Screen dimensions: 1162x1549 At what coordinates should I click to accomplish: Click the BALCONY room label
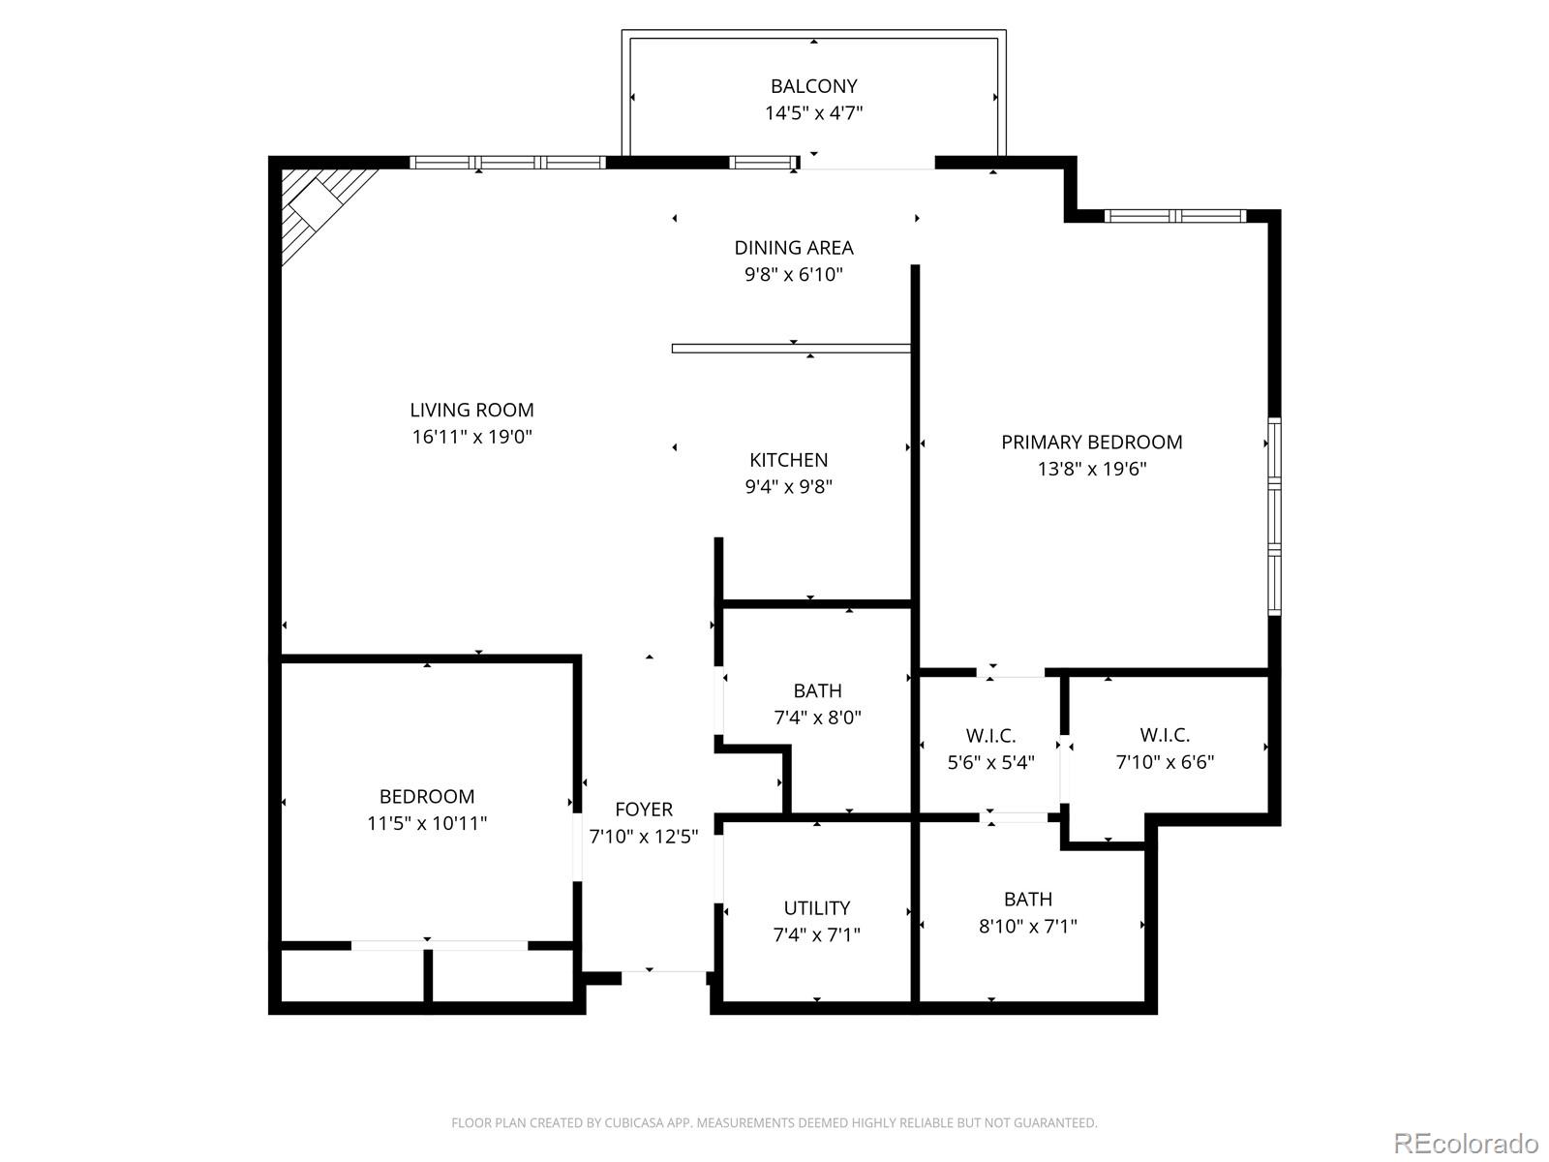813,86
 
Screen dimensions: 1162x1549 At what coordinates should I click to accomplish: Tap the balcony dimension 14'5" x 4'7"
813,113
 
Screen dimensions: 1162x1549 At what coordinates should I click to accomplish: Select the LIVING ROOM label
471,411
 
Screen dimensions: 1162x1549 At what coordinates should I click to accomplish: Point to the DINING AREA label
793,248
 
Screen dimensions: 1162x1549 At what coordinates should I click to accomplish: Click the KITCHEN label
788,460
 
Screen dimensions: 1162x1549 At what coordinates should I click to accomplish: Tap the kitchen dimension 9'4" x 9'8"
788,487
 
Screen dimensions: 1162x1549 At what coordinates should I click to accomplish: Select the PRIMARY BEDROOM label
1091,443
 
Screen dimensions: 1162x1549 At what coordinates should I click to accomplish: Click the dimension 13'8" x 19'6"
1091,470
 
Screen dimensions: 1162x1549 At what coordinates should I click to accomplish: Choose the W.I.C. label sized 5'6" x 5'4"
990,736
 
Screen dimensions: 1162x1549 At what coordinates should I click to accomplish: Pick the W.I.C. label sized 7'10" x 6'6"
1165,736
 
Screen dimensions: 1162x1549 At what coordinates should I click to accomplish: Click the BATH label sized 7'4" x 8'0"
817,691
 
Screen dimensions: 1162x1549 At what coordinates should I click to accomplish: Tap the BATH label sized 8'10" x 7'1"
1027,900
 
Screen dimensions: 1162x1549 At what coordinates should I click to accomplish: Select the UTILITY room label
816,908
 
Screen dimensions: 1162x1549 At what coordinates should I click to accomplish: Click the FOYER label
644,810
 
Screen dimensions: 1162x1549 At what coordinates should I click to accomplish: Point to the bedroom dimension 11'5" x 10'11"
426,824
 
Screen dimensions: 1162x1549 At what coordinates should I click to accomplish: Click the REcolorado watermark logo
1466,1143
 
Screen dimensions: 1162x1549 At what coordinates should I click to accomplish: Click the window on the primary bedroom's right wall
1274,516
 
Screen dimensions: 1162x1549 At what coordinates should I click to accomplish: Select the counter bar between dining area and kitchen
791,349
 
